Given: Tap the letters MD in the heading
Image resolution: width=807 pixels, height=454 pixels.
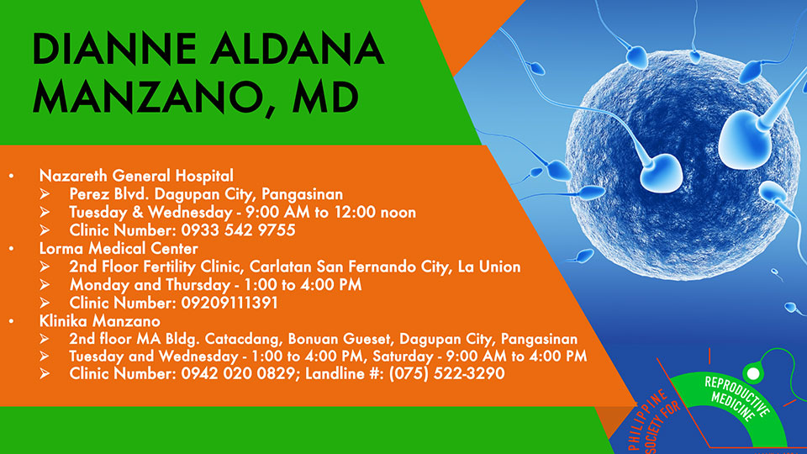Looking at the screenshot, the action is pos(325,97).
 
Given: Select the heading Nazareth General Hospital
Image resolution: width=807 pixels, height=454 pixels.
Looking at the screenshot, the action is pos(136,176).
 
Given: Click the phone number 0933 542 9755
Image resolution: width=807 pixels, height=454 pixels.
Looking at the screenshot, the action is pos(238,230).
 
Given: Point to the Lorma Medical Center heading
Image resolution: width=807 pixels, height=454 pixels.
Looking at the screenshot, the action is pos(119,249).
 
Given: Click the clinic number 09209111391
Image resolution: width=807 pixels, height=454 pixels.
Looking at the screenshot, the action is pos(229,303).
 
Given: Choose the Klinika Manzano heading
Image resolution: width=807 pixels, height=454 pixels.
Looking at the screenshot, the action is pos(100,321).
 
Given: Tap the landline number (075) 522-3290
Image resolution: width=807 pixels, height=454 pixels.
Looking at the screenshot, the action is pos(446,373).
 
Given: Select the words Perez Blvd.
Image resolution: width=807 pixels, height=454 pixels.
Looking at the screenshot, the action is pos(109,194).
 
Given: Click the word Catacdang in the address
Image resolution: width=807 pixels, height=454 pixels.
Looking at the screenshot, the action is pos(243,339).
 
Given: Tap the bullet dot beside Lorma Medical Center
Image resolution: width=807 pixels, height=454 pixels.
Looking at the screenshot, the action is pos(11,249).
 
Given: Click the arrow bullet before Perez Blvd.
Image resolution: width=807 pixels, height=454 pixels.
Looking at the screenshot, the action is pos(45,194).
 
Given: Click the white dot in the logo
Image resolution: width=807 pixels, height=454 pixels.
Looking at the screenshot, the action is pos(753,373).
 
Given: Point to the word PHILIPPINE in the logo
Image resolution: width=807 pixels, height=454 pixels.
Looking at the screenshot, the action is pos(647,420).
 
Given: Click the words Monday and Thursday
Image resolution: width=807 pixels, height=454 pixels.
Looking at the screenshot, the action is pos(150,285).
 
